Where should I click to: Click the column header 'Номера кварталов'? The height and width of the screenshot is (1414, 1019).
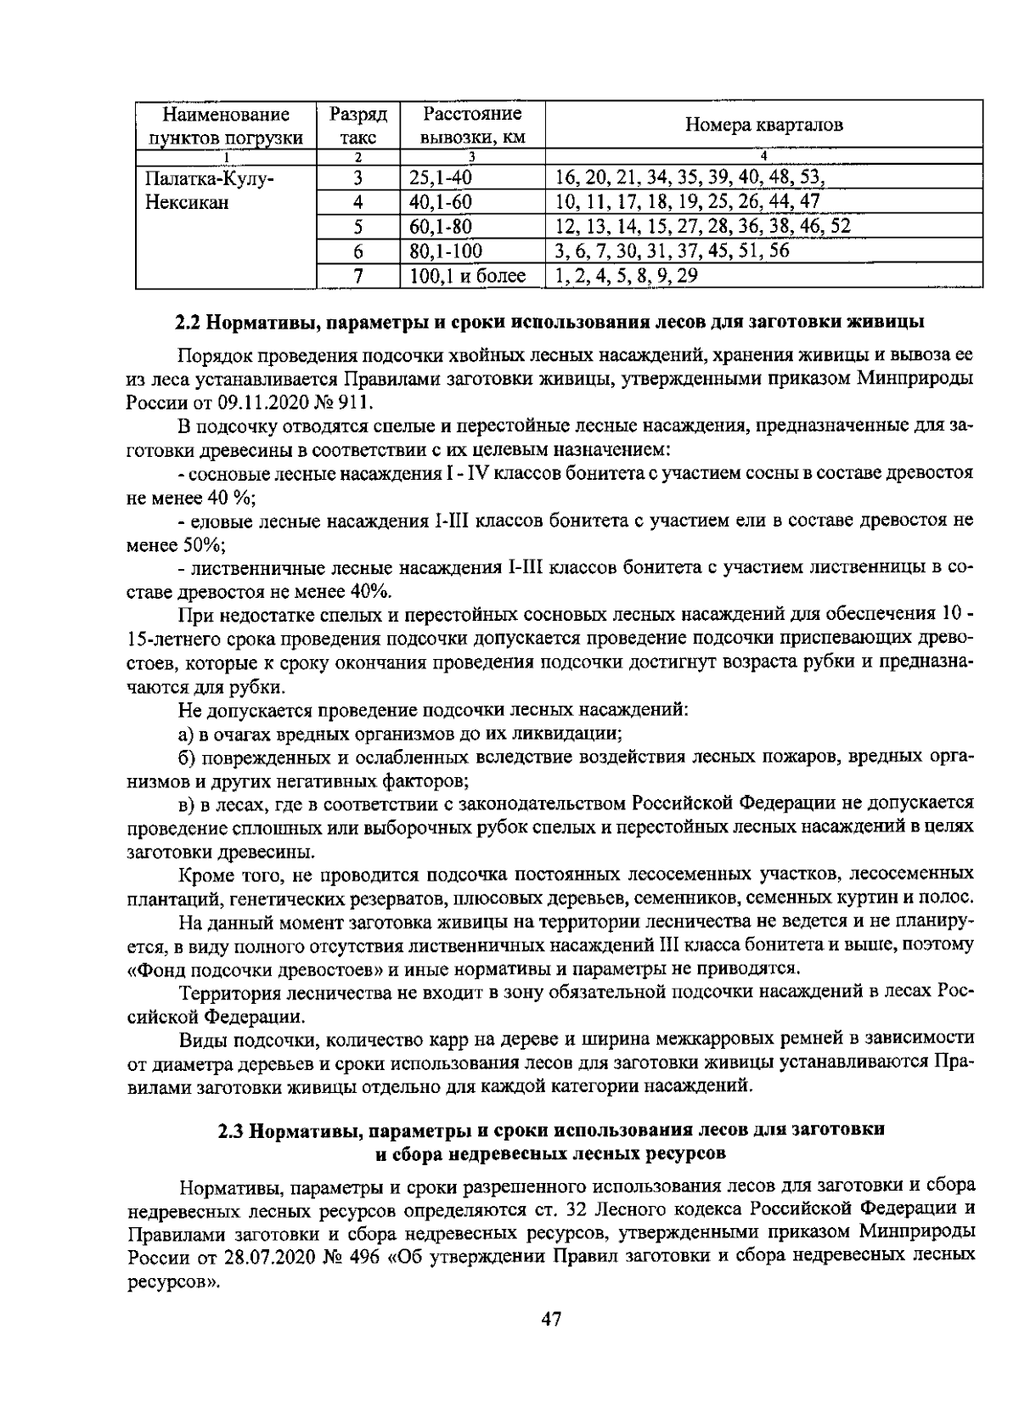click(763, 126)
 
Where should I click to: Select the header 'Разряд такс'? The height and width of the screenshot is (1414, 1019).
click(357, 126)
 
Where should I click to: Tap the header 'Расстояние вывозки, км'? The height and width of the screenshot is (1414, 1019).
click(471, 126)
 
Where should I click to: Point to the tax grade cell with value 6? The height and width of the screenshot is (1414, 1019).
click(358, 251)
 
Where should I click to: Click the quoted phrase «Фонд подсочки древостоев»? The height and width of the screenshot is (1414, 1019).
click(252, 969)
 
